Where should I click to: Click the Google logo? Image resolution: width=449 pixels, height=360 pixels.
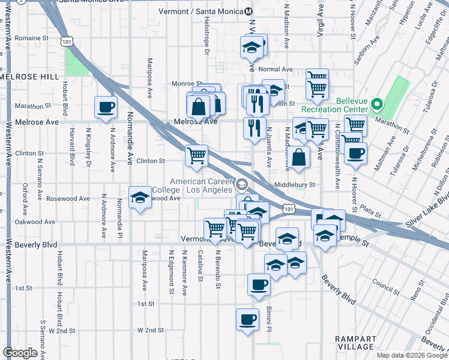(21, 353)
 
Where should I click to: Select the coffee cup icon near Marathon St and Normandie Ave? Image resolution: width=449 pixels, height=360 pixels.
(106, 107)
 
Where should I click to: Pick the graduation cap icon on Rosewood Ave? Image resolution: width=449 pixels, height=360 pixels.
(140, 197)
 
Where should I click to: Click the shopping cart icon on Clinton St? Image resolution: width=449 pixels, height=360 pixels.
(196, 156)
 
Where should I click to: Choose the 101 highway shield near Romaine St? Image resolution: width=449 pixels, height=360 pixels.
(66, 40)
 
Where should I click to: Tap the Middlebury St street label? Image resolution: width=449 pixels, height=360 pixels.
(294, 185)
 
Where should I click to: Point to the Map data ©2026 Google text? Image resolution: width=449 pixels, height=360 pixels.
(411, 355)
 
